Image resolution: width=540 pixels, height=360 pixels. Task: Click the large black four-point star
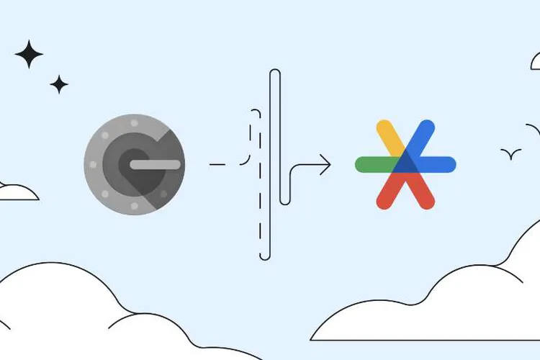click(x=29, y=55)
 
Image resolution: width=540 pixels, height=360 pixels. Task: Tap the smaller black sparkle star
click(x=59, y=85)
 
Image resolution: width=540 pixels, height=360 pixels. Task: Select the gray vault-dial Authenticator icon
click(x=134, y=165)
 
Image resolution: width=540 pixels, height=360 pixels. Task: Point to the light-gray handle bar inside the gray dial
click(x=155, y=165)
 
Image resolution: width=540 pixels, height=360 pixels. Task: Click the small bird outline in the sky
click(x=511, y=153)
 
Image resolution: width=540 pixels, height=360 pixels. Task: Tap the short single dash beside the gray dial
click(x=217, y=165)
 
